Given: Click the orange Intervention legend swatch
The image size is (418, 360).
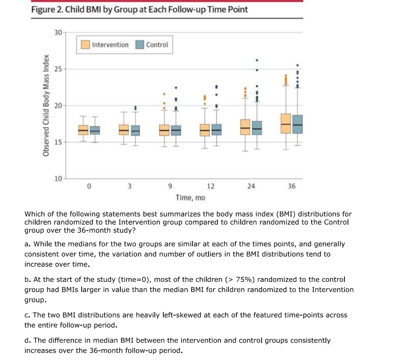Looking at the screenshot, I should pyautogui.click(x=86, y=45).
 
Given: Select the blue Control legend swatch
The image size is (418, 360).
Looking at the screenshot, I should pyautogui.click(x=140, y=45).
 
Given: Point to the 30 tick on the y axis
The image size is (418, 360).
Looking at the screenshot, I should pyautogui.click(x=58, y=32).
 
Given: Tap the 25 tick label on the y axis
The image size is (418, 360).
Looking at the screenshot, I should pyautogui.click(x=58, y=69).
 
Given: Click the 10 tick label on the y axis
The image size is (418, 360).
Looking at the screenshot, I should pyautogui.click(x=58, y=179).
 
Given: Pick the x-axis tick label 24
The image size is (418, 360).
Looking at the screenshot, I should pyautogui.click(x=251, y=186).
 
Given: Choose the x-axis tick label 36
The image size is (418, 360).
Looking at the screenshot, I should pyautogui.click(x=291, y=186).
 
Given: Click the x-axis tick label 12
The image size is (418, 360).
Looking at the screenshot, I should pyautogui.click(x=211, y=186).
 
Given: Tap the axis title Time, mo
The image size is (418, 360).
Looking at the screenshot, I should pyautogui.click(x=190, y=198).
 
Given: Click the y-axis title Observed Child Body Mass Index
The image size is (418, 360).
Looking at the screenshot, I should pyautogui.click(x=46, y=105).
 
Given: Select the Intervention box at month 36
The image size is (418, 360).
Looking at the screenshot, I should pyautogui.click(x=286, y=123).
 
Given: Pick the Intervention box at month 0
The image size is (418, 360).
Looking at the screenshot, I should pyautogui.click(x=83, y=130).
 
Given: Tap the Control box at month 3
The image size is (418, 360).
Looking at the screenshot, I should pyautogui.click(x=135, y=131).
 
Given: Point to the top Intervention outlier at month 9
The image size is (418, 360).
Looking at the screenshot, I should pyautogui.click(x=164, y=94).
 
